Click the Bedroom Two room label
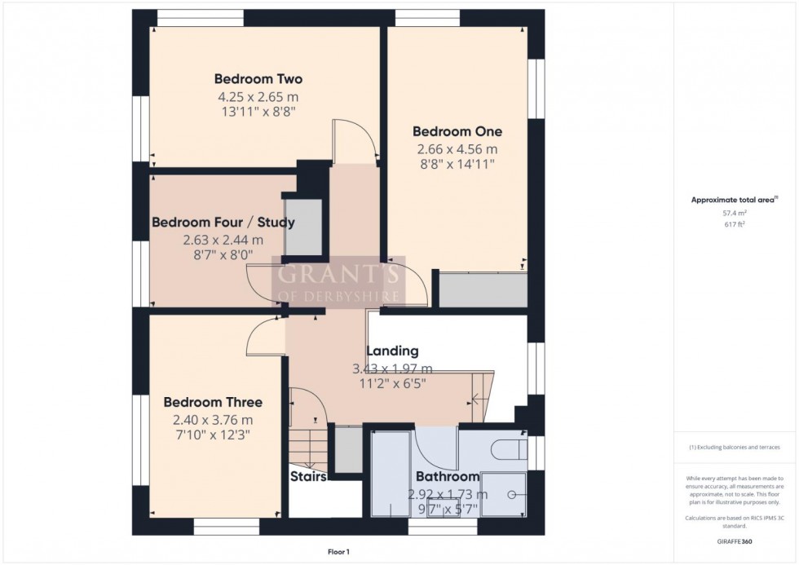258,79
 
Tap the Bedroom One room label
457,131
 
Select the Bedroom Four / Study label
223,222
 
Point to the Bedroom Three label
213,402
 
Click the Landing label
392,351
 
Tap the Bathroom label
448,476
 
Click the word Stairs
308,476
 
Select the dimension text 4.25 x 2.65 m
258,97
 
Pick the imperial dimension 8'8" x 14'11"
457,164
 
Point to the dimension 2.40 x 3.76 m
213,420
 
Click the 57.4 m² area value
735,212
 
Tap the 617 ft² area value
735,223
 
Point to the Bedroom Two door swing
354,140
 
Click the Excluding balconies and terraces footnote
735,448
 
